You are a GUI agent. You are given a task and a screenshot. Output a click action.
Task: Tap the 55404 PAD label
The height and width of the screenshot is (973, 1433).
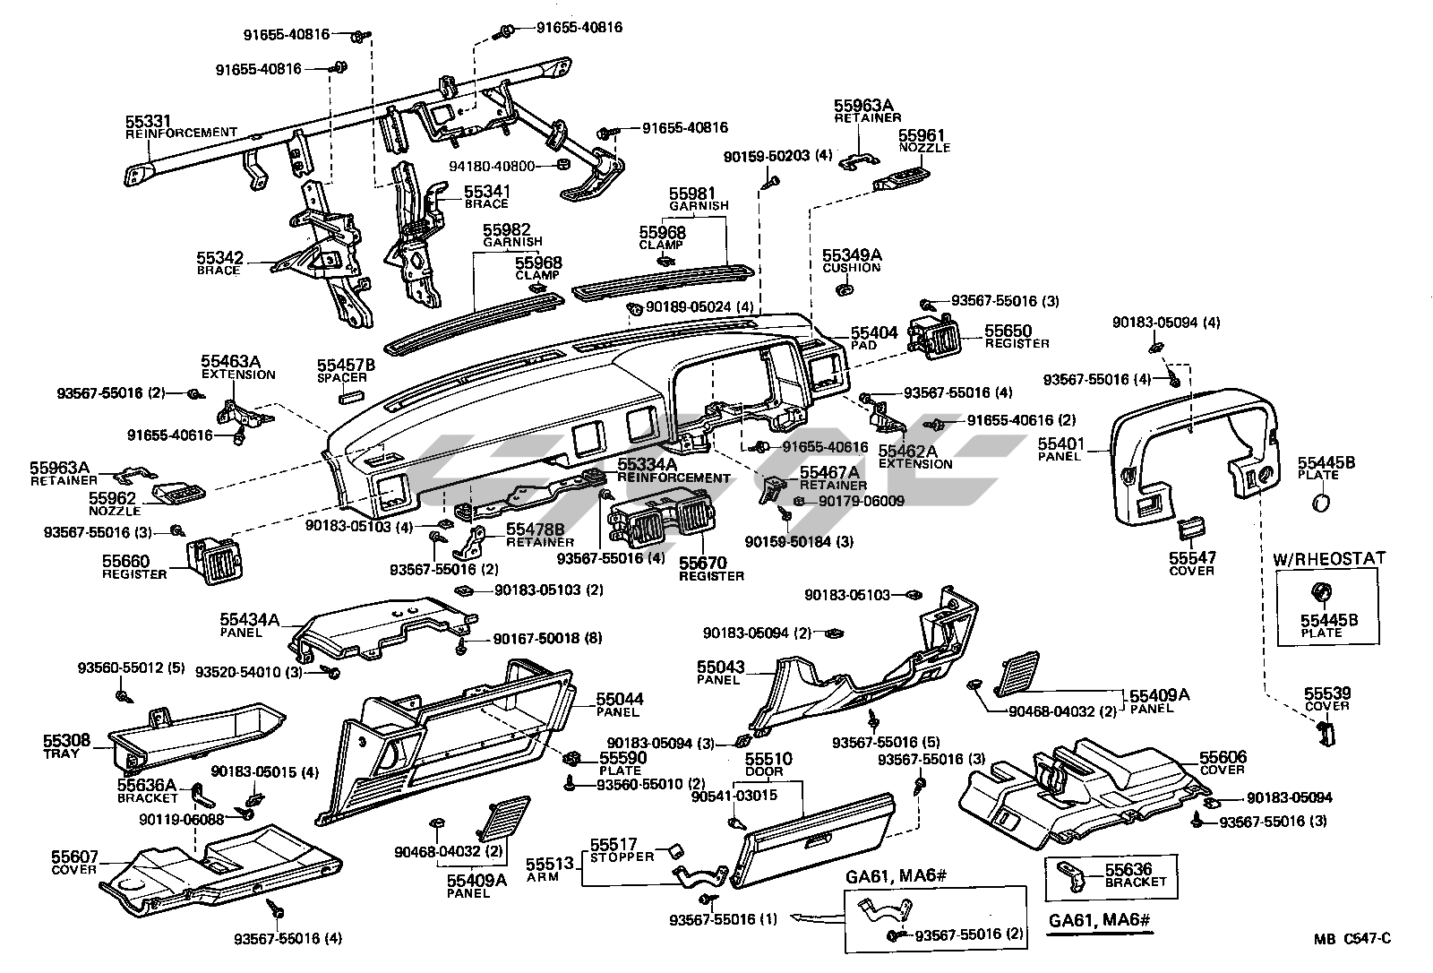[873, 332]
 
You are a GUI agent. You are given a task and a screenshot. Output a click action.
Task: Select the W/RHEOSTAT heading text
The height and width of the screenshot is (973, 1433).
[1329, 558]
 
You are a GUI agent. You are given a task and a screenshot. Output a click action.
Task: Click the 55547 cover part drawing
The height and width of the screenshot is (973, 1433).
[1190, 528]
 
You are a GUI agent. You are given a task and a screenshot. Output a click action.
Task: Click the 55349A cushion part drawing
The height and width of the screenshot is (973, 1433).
[844, 289]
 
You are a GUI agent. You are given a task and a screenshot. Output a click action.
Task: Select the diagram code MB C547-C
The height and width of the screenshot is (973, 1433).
[1351, 938]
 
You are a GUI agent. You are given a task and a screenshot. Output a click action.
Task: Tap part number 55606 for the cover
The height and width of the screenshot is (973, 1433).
[1223, 758]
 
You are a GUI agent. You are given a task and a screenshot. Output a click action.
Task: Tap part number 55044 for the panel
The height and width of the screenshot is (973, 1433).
[620, 699]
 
